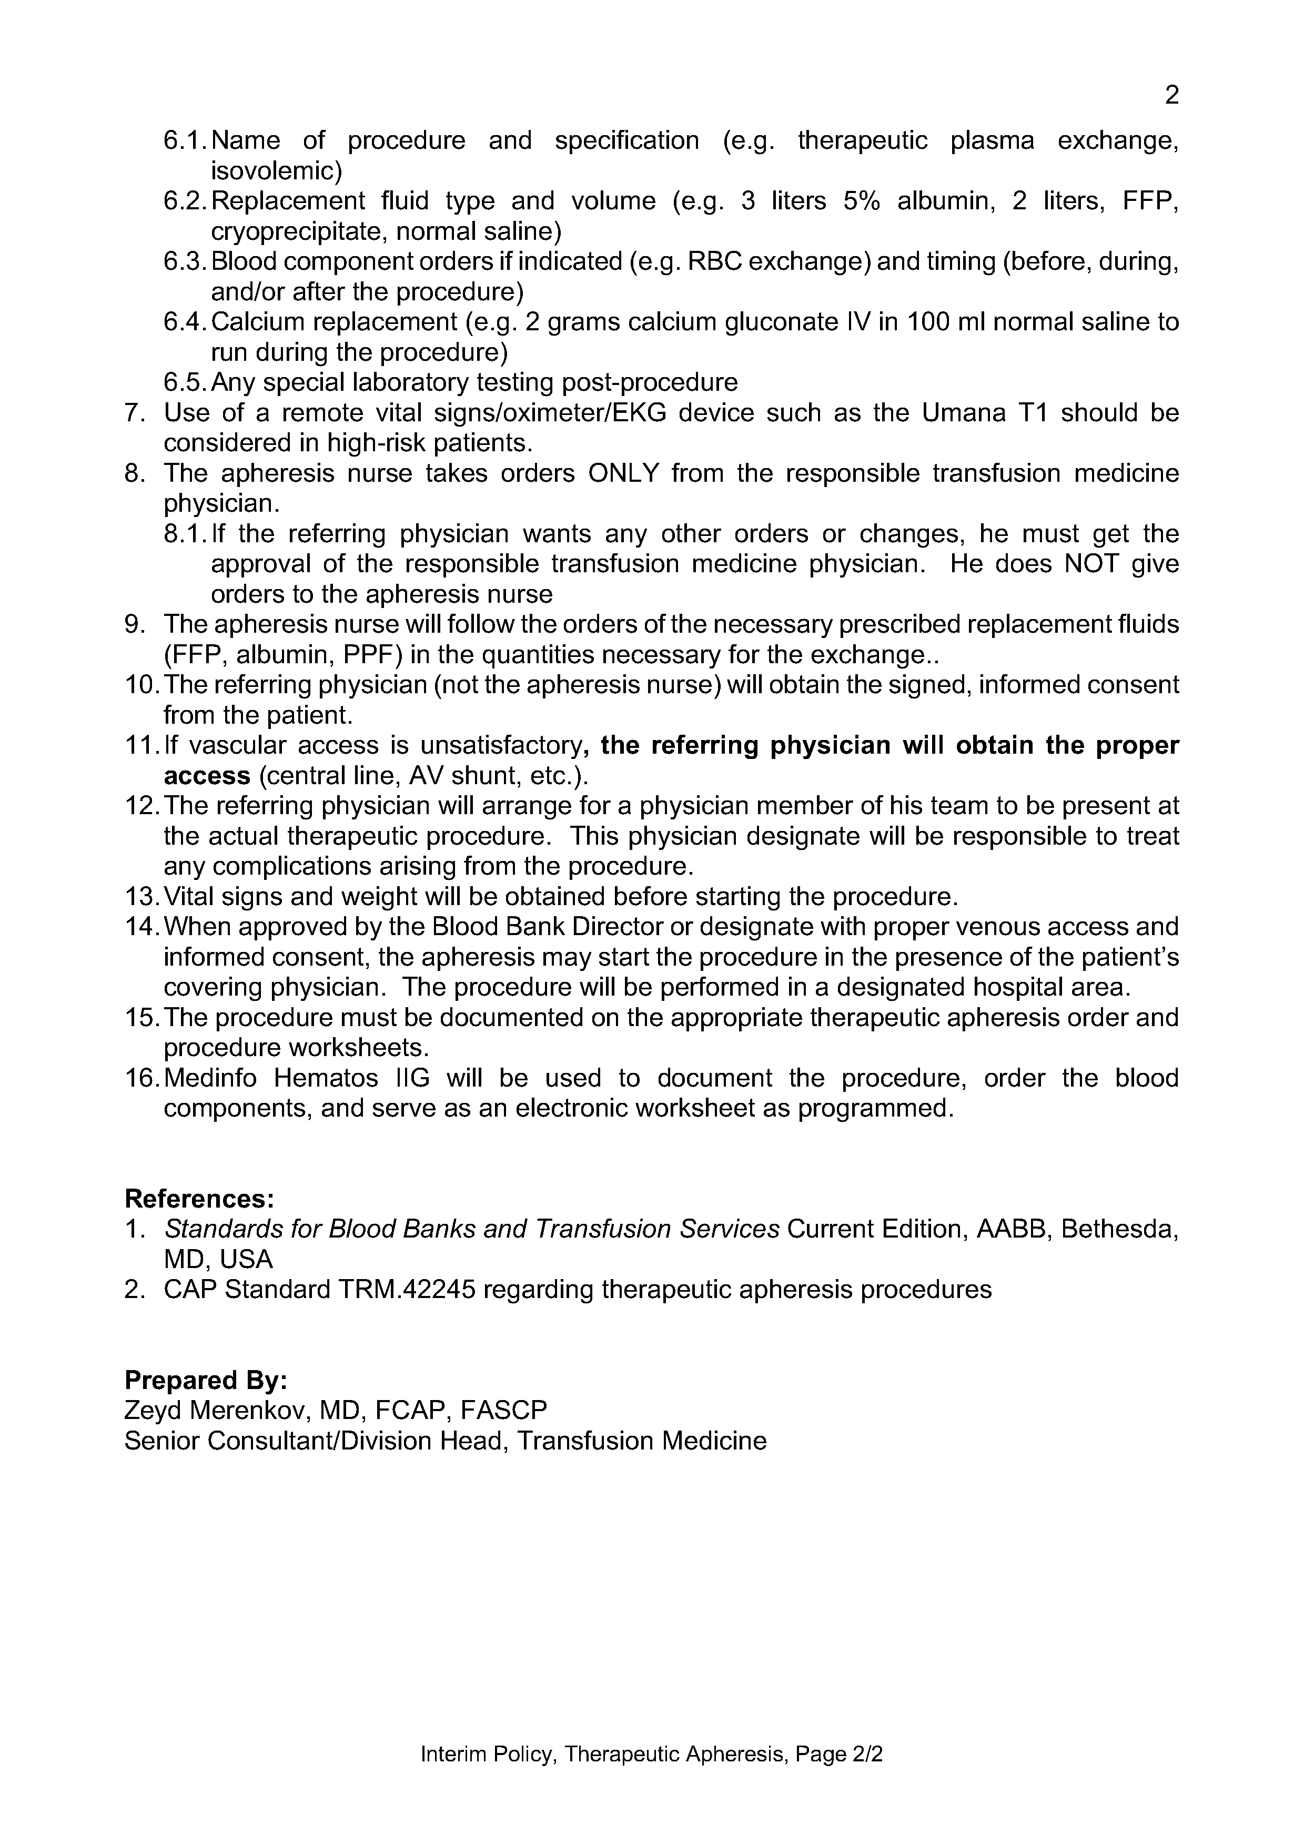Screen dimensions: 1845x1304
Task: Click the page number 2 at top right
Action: pos(1171,96)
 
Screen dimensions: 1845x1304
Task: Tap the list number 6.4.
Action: pos(185,322)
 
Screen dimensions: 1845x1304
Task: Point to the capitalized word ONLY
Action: pos(623,473)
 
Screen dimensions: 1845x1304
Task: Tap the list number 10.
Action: pos(141,685)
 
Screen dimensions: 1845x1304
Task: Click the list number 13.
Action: pos(141,897)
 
